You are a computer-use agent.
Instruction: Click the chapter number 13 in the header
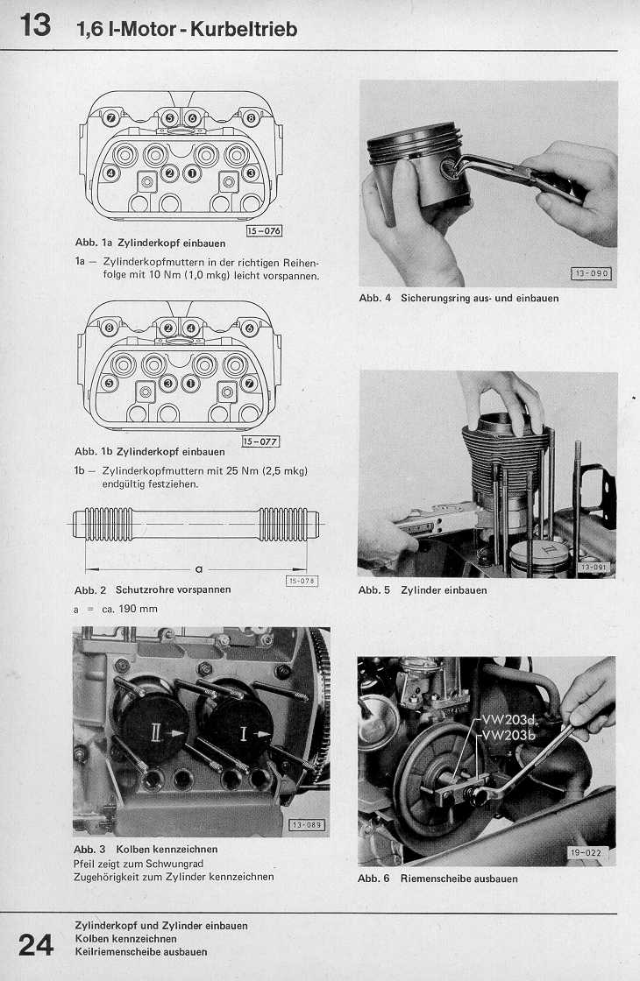tap(35, 25)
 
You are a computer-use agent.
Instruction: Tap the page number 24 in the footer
tap(36, 944)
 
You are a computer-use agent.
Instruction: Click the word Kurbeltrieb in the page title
tap(246, 29)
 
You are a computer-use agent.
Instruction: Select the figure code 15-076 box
tap(264, 231)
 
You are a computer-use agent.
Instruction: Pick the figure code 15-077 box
tap(260, 441)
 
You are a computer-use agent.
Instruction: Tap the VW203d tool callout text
tap(513, 721)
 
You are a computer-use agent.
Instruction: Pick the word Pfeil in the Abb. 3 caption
tap(87, 863)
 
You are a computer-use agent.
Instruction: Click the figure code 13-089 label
tap(307, 824)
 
